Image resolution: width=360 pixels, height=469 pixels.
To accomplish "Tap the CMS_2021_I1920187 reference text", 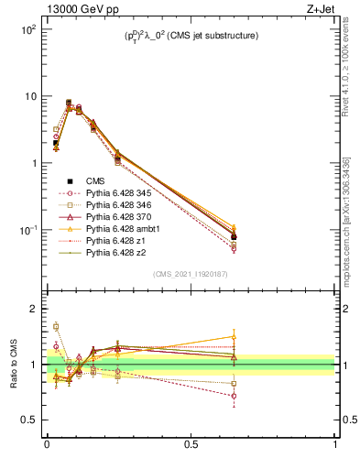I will (x=191, y=274).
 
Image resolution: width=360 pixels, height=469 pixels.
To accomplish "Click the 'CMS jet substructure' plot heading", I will (x=191, y=37).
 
